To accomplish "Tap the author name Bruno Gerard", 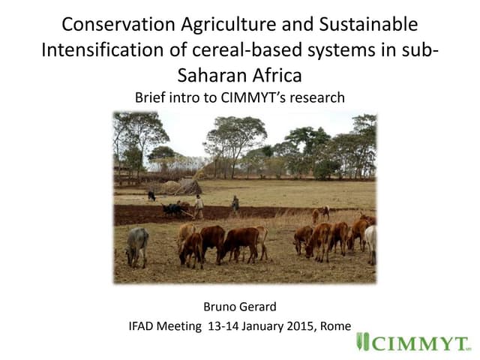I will tap(239, 306).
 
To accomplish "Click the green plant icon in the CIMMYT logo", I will tap(363, 343).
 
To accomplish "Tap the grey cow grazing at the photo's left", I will tap(137, 245).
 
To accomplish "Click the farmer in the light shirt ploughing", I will tap(199, 206).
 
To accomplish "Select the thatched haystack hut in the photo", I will tap(187, 185).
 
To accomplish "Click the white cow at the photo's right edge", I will tap(370, 244).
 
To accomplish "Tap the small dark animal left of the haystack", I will tap(151, 196).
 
